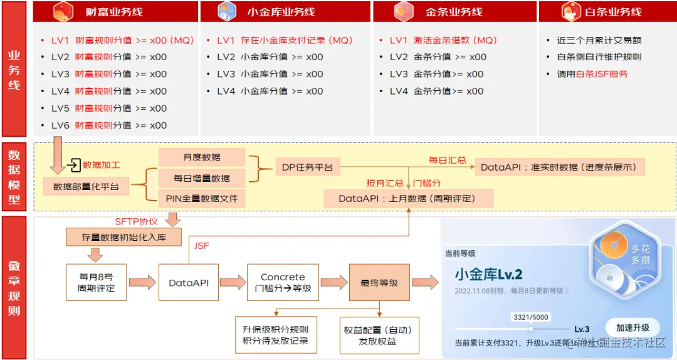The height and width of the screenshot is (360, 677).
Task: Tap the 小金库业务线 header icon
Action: [225, 11]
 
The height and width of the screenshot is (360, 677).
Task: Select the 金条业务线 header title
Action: [452, 11]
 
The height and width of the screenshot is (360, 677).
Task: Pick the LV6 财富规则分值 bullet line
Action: [109, 125]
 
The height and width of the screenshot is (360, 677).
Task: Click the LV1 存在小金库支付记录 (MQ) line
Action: [285, 40]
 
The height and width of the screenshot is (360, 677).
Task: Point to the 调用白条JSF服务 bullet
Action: [592, 74]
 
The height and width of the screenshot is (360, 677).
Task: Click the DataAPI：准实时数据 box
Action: [559, 167]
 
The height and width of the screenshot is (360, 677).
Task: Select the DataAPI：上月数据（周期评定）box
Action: [407, 198]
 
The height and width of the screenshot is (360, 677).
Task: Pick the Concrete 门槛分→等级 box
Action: [283, 283]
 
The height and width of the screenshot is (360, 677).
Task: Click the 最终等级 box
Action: [379, 283]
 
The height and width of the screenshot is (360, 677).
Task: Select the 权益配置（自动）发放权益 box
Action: [379, 336]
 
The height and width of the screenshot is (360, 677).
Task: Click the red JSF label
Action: [201, 246]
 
